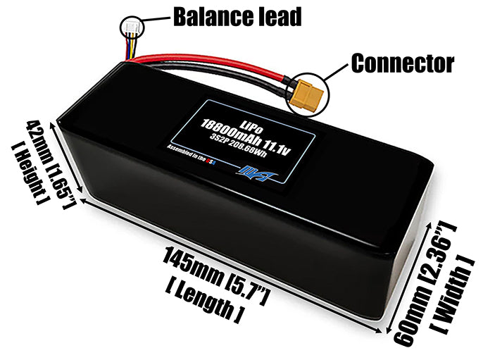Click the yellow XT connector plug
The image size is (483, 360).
click(x=307, y=94)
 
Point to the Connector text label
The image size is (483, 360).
click(x=402, y=63)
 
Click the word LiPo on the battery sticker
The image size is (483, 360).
click(x=250, y=112)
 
